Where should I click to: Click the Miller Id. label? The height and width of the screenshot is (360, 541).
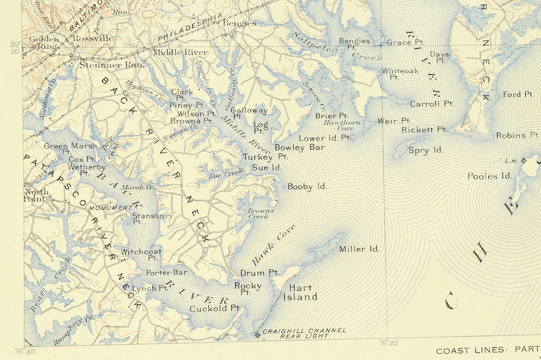pos(359,249)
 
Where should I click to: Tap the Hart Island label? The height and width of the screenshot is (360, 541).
pos(300,292)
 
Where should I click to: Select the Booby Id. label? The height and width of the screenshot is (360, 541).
pos(307,187)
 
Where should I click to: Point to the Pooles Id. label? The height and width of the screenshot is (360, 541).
pos(489,176)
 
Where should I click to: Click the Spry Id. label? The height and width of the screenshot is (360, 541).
pos(426,151)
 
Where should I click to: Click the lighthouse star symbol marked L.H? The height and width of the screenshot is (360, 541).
pos(524,161)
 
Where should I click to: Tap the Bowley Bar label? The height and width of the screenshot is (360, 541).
pos(299,148)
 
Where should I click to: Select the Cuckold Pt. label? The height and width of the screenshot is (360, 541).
pos(215,309)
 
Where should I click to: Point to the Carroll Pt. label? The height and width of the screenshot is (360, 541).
pos(431,104)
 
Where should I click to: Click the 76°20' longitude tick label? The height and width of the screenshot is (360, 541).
pos(388,342)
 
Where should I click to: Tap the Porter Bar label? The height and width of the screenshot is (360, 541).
pos(166,273)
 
